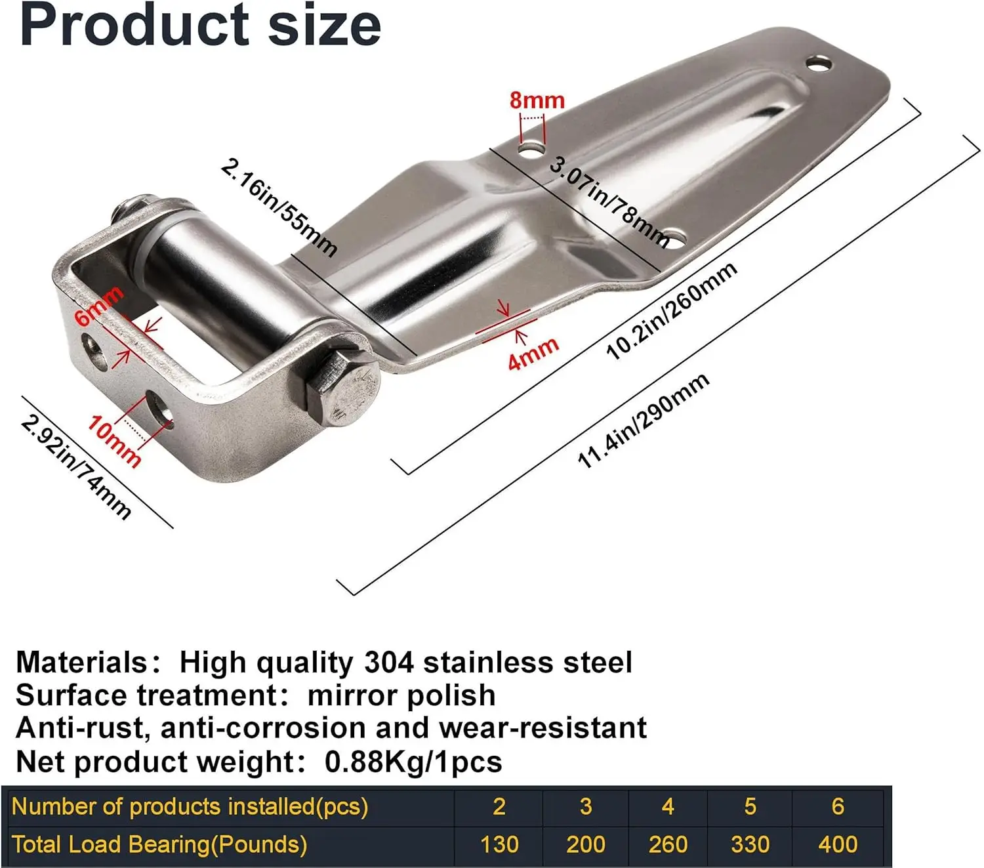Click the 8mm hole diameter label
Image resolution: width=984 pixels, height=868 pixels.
pyautogui.click(x=537, y=100)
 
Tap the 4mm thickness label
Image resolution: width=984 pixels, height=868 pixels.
pyautogui.click(x=533, y=353)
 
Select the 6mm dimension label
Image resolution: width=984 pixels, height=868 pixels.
pyautogui.click(x=98, y=306)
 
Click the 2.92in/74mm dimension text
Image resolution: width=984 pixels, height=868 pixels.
pyautogui.click(x=76, y=466)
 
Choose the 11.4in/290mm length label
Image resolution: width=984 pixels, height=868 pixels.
pyautogui.click(x=643, y=421)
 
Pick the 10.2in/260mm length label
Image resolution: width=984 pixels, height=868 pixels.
pyautogui.click(x=671, y=311)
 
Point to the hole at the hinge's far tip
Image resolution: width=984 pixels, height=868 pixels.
pyautogui.click(x=819, y=64)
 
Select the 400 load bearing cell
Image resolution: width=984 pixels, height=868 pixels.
pyautogui.click(x=838, y=844)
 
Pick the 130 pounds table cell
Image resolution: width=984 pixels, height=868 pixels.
pyautogui.click(x=499, y=844)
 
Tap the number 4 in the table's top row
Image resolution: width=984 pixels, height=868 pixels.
pyautogui.click(x=668, y=806)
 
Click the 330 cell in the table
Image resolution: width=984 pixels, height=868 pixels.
pyautogui.click(x=750, y=844)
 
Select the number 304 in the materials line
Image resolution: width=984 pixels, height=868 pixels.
pyautogui.click(x=388, y=663)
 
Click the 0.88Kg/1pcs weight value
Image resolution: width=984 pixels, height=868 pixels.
pyautogui.click(x=413, y=762)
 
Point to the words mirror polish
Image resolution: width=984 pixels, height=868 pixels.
pyautogui.click(x=401, y=695)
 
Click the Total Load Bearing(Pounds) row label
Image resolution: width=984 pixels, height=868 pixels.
pyautogui.click(x=159, y=844)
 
